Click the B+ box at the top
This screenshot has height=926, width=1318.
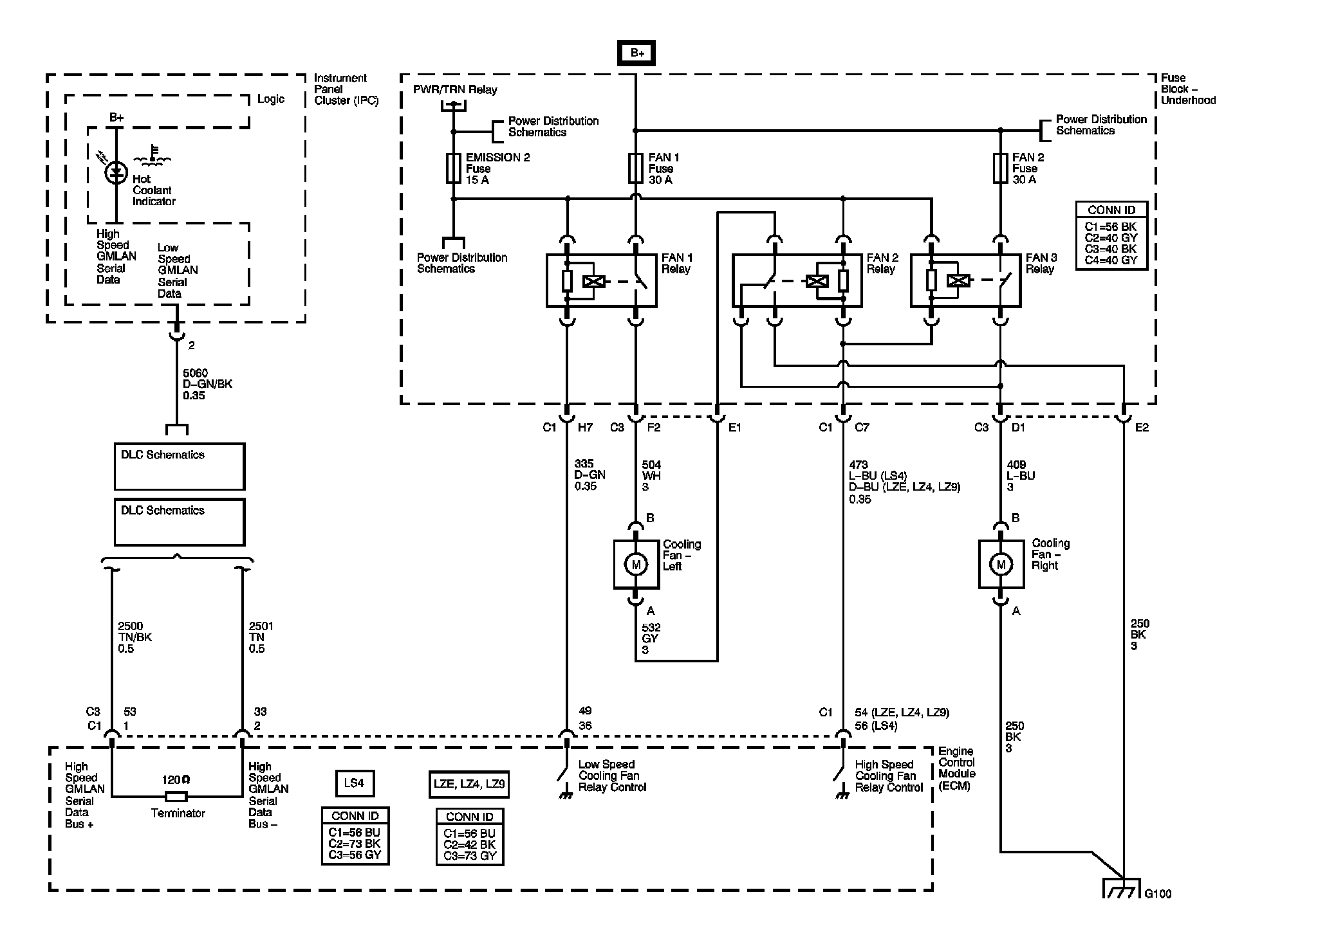(636, 53)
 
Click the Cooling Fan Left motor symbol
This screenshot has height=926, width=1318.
(636, 565)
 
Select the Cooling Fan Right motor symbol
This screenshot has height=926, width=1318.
(1001, 564)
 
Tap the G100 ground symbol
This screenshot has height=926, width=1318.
(1122, 888)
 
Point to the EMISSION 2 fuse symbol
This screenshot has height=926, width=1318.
(453, 168)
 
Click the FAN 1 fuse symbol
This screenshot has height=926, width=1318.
(636, 168)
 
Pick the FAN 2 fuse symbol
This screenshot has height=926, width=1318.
(1000, 168)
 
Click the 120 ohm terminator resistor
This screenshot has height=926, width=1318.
(176, 797)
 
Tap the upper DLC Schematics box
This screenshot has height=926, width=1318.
(180, 467)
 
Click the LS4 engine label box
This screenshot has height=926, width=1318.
(355, 783)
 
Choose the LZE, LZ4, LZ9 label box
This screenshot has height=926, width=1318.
(469, 785)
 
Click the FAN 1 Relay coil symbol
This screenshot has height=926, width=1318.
(593, 281)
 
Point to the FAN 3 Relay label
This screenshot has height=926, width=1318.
(1041, 264)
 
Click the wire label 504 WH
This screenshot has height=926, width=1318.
(651, 476)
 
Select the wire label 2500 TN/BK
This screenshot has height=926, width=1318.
(135, 637)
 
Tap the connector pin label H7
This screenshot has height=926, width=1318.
(585, 428)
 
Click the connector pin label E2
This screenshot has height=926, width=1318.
(1142, 428)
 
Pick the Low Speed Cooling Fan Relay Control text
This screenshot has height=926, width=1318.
(612, 776)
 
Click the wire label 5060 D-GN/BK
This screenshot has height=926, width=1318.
(207, 384)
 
